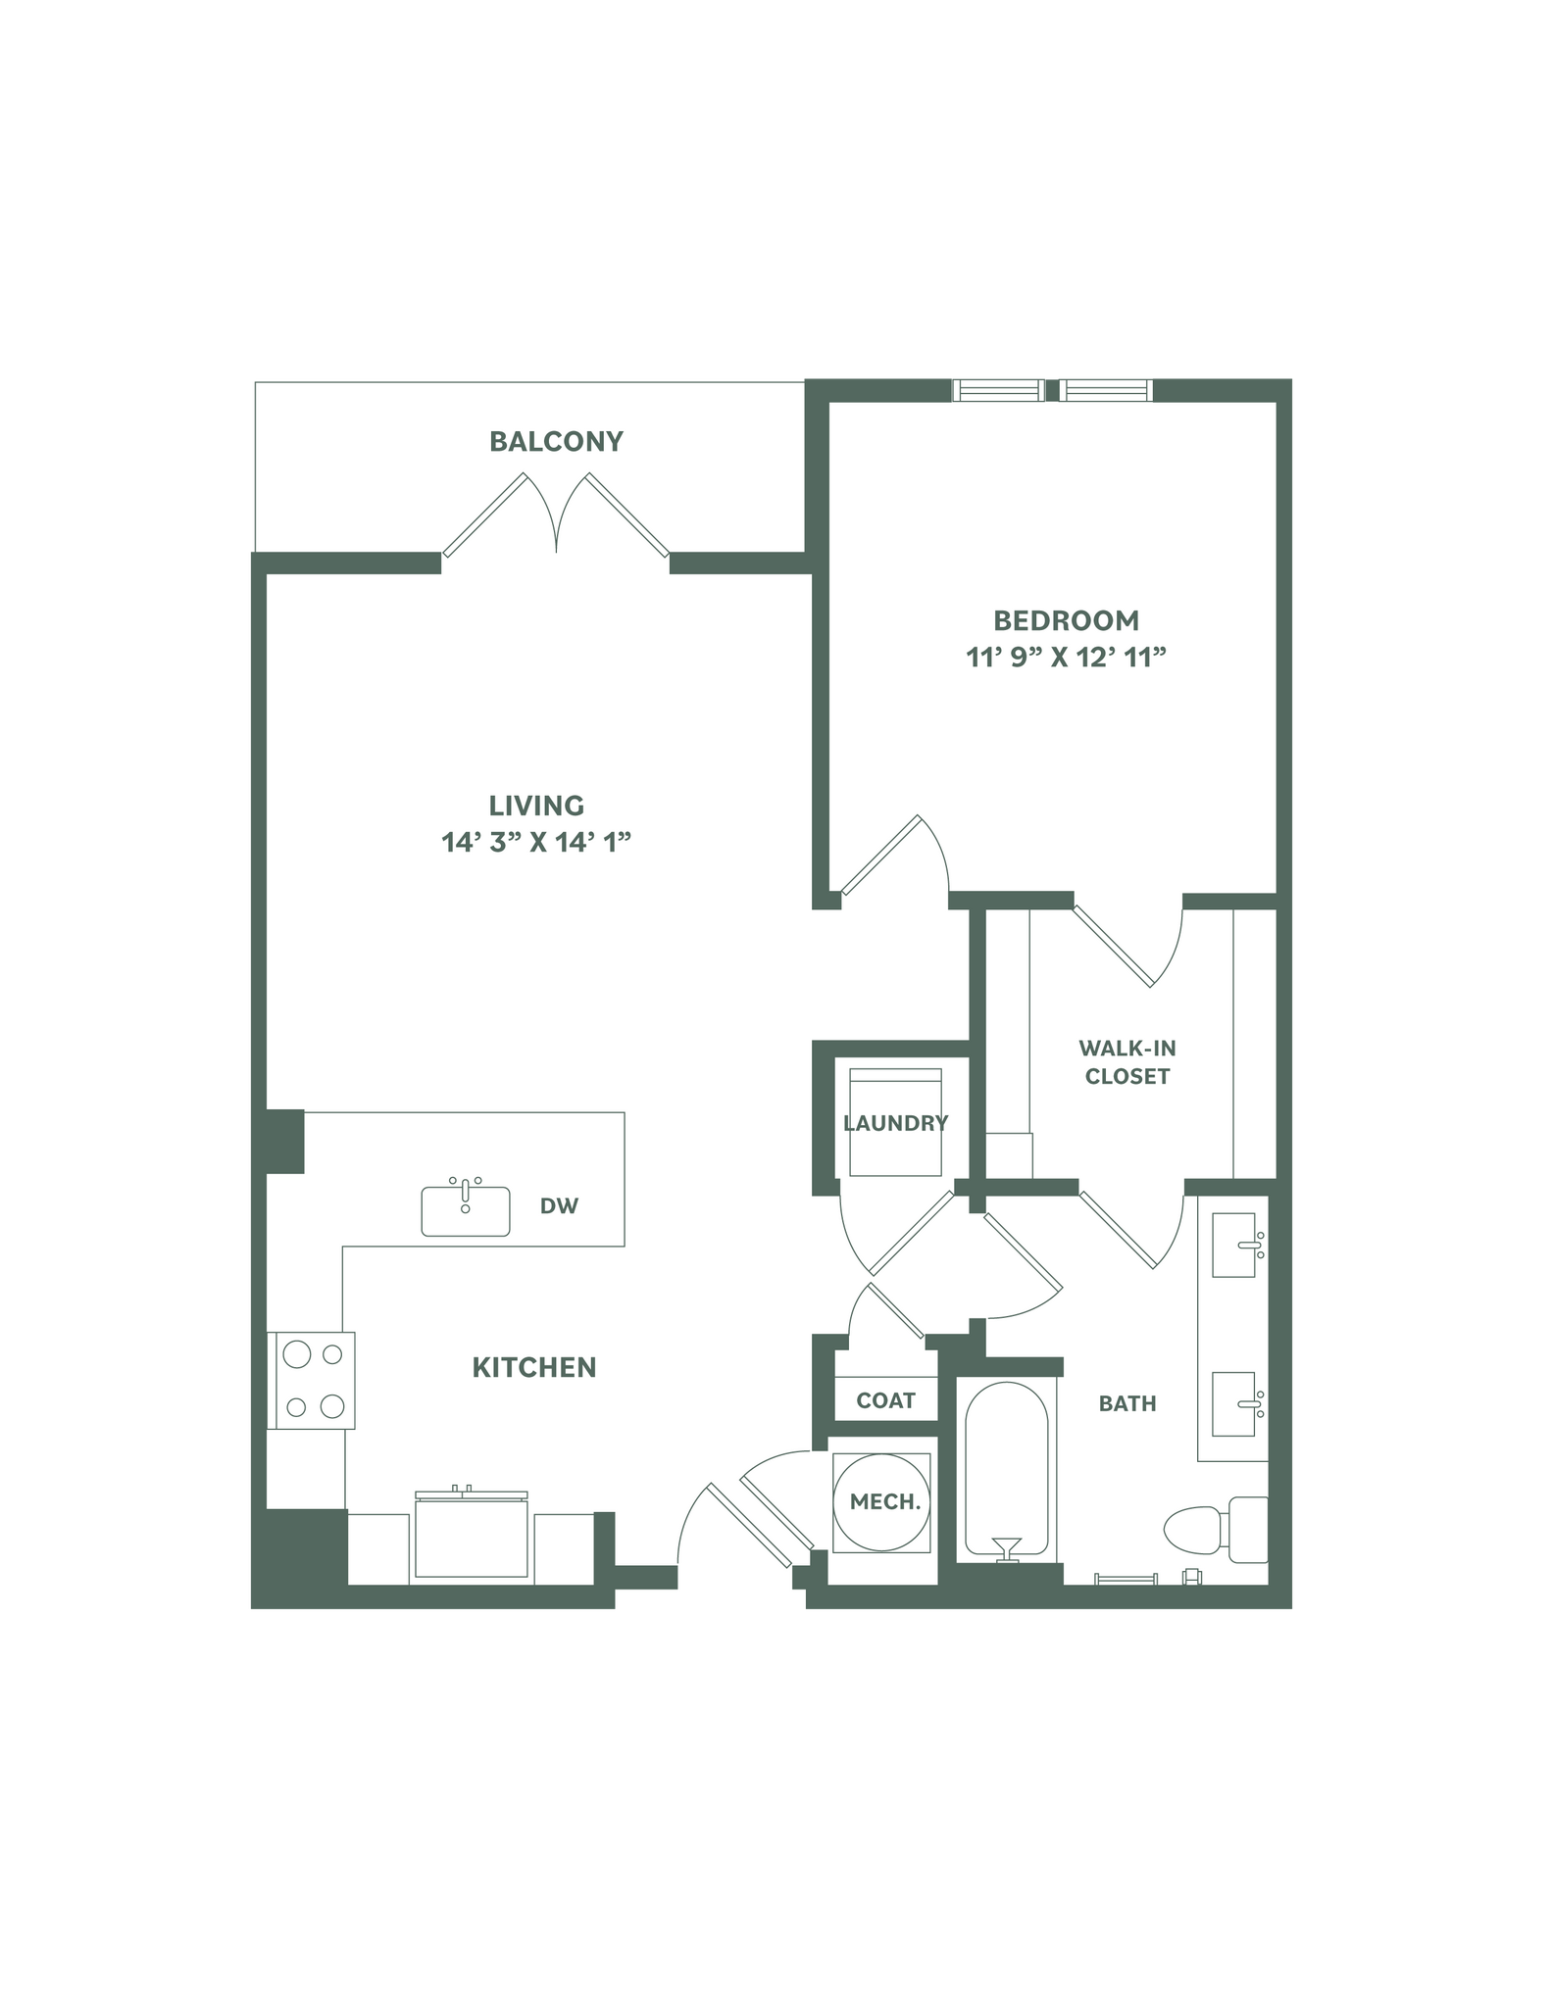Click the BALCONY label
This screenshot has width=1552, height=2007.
(x=556, y=442)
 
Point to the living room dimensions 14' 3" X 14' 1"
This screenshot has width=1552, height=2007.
(x=535, y=842)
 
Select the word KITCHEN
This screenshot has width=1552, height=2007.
(x=534, y=1367)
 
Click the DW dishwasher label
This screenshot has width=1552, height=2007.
(x=560, y=1206)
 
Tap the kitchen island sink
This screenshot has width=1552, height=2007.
(x=466, y=1210)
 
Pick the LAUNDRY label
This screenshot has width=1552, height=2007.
(x=895, y=1123)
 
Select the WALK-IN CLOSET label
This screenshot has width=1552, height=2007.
(x=1126, y=1062)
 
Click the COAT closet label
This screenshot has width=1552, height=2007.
(x=885, y=1400)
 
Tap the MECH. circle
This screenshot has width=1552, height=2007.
(x=883, y=1501)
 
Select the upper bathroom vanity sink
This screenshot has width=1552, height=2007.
(x=1234, y=1246)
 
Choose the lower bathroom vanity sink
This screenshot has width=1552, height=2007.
(x=1234, y=1404)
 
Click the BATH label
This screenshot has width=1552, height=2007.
(x=1127, y=1403)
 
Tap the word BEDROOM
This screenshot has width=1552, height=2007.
(x=1066, y=620)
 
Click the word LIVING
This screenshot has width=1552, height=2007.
(x=536, y=806)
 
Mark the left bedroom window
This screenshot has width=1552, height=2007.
(x=998, y=390)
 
